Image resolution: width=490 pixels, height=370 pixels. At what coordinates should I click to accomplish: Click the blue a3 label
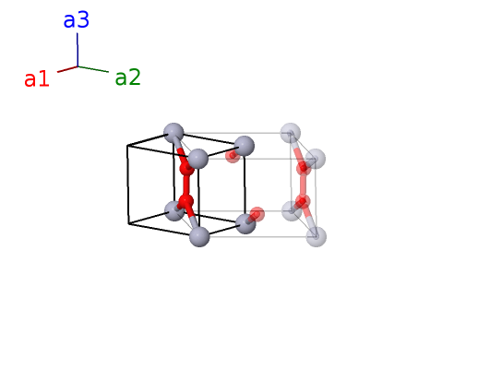77,20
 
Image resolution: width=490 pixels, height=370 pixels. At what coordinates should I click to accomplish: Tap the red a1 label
37,78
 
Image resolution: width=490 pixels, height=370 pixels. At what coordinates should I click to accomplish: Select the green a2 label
128,78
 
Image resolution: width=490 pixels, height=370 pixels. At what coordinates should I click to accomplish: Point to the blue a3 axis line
78,50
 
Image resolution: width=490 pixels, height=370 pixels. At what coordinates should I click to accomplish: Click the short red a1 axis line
67,69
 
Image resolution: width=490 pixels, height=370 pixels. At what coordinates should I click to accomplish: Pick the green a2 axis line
93,69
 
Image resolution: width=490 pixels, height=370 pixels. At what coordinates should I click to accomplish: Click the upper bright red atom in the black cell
187,169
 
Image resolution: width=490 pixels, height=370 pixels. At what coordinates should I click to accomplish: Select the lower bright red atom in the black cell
185,201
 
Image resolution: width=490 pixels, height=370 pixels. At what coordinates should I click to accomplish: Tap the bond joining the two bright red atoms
186,185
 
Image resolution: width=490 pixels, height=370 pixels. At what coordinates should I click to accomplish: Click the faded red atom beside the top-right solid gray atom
233,156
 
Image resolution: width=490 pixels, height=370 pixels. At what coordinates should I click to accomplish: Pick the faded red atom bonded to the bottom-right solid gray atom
257,214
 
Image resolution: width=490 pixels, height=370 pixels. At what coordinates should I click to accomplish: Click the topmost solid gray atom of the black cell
173,133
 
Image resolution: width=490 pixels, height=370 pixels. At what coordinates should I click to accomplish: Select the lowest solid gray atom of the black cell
199,236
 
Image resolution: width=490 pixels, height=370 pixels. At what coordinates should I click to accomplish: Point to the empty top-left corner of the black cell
127,146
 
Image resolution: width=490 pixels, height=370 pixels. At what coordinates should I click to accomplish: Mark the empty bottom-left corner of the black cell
128,223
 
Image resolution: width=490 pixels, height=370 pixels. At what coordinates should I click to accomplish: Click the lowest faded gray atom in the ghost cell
317,236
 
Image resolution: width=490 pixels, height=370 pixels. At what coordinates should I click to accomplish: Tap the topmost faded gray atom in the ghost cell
291,133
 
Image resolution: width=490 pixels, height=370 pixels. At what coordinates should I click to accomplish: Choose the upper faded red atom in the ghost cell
304,169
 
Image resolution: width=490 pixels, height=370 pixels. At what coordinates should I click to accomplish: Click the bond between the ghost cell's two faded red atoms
303,185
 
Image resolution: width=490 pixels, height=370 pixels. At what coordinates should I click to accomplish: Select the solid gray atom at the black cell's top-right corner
244,146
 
